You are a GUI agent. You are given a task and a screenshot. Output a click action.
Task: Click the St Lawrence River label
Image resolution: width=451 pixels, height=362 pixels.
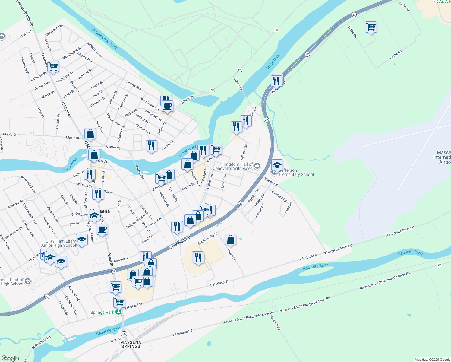(x=104, y=38)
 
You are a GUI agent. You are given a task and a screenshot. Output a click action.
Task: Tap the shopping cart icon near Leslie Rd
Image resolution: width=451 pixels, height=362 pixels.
(x=371, y=27)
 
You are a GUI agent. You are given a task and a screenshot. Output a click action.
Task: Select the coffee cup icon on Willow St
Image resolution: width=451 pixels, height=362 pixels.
(x=167, y=106)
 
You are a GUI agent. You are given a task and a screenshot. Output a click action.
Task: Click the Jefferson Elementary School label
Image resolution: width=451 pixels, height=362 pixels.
(x=296, y=172)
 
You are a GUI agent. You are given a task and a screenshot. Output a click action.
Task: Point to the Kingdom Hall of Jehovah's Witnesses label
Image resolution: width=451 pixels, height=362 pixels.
(x=233, y=166)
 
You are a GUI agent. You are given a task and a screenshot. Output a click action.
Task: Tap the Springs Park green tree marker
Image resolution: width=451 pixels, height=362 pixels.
(x=118, y=312)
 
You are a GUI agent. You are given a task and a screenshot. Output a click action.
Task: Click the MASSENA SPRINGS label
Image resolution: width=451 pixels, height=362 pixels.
(x=131, y=344)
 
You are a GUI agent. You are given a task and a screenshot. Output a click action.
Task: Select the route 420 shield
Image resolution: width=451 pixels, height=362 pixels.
(x=124, y=334)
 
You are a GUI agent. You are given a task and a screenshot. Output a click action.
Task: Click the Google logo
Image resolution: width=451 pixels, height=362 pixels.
(x=10, y=358)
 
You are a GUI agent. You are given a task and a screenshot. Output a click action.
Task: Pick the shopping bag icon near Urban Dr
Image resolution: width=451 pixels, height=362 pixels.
(x=230, y=240)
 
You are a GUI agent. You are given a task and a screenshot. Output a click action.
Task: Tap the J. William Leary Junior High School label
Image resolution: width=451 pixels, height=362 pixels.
(x=58, y=243)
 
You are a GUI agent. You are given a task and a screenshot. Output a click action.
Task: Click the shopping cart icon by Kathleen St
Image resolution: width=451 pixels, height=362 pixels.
(x=53, y=66)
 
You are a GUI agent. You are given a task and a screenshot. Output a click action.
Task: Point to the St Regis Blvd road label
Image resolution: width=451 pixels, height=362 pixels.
(x=180, y=242)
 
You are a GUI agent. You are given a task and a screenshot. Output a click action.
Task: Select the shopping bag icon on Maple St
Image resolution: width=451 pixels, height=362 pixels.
(x=90, y=133)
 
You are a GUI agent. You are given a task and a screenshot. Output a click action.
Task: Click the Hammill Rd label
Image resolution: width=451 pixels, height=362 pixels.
(x=275, y=322)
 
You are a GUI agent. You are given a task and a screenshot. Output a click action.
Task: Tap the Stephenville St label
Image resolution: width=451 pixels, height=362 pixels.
(x=208, y=238)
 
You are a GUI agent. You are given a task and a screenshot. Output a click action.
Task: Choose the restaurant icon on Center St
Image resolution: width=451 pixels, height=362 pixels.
(x=151, y=146)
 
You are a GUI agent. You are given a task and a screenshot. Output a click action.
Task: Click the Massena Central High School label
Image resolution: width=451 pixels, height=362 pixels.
(x=12, y=282)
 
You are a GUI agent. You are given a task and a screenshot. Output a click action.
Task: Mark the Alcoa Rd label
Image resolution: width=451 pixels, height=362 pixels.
(x=238, y=84)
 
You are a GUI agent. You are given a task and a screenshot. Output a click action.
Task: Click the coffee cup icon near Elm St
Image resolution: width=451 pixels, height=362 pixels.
(x=102, y=229)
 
